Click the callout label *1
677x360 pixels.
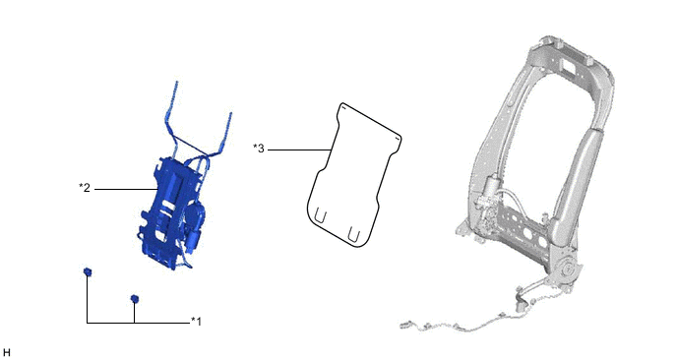[196, 322]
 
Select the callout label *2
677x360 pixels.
[85, 188]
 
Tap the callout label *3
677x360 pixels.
[258, 149]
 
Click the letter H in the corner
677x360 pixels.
[6, 353]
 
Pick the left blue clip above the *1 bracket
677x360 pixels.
[88, 271]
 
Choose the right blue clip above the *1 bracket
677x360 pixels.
[135, 299]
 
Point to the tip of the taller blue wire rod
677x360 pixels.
[176, 82]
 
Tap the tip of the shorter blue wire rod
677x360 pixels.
[230, 113]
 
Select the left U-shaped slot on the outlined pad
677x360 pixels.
[320, 215]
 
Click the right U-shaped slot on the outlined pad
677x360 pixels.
[353, 233]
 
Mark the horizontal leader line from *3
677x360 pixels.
[299, 150]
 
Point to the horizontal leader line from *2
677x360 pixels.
[126, 189]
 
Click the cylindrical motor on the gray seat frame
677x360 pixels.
[490, 187]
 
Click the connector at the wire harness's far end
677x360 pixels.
[405, 325]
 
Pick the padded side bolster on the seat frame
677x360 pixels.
[576, 180]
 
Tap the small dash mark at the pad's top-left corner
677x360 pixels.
[339, 109]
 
